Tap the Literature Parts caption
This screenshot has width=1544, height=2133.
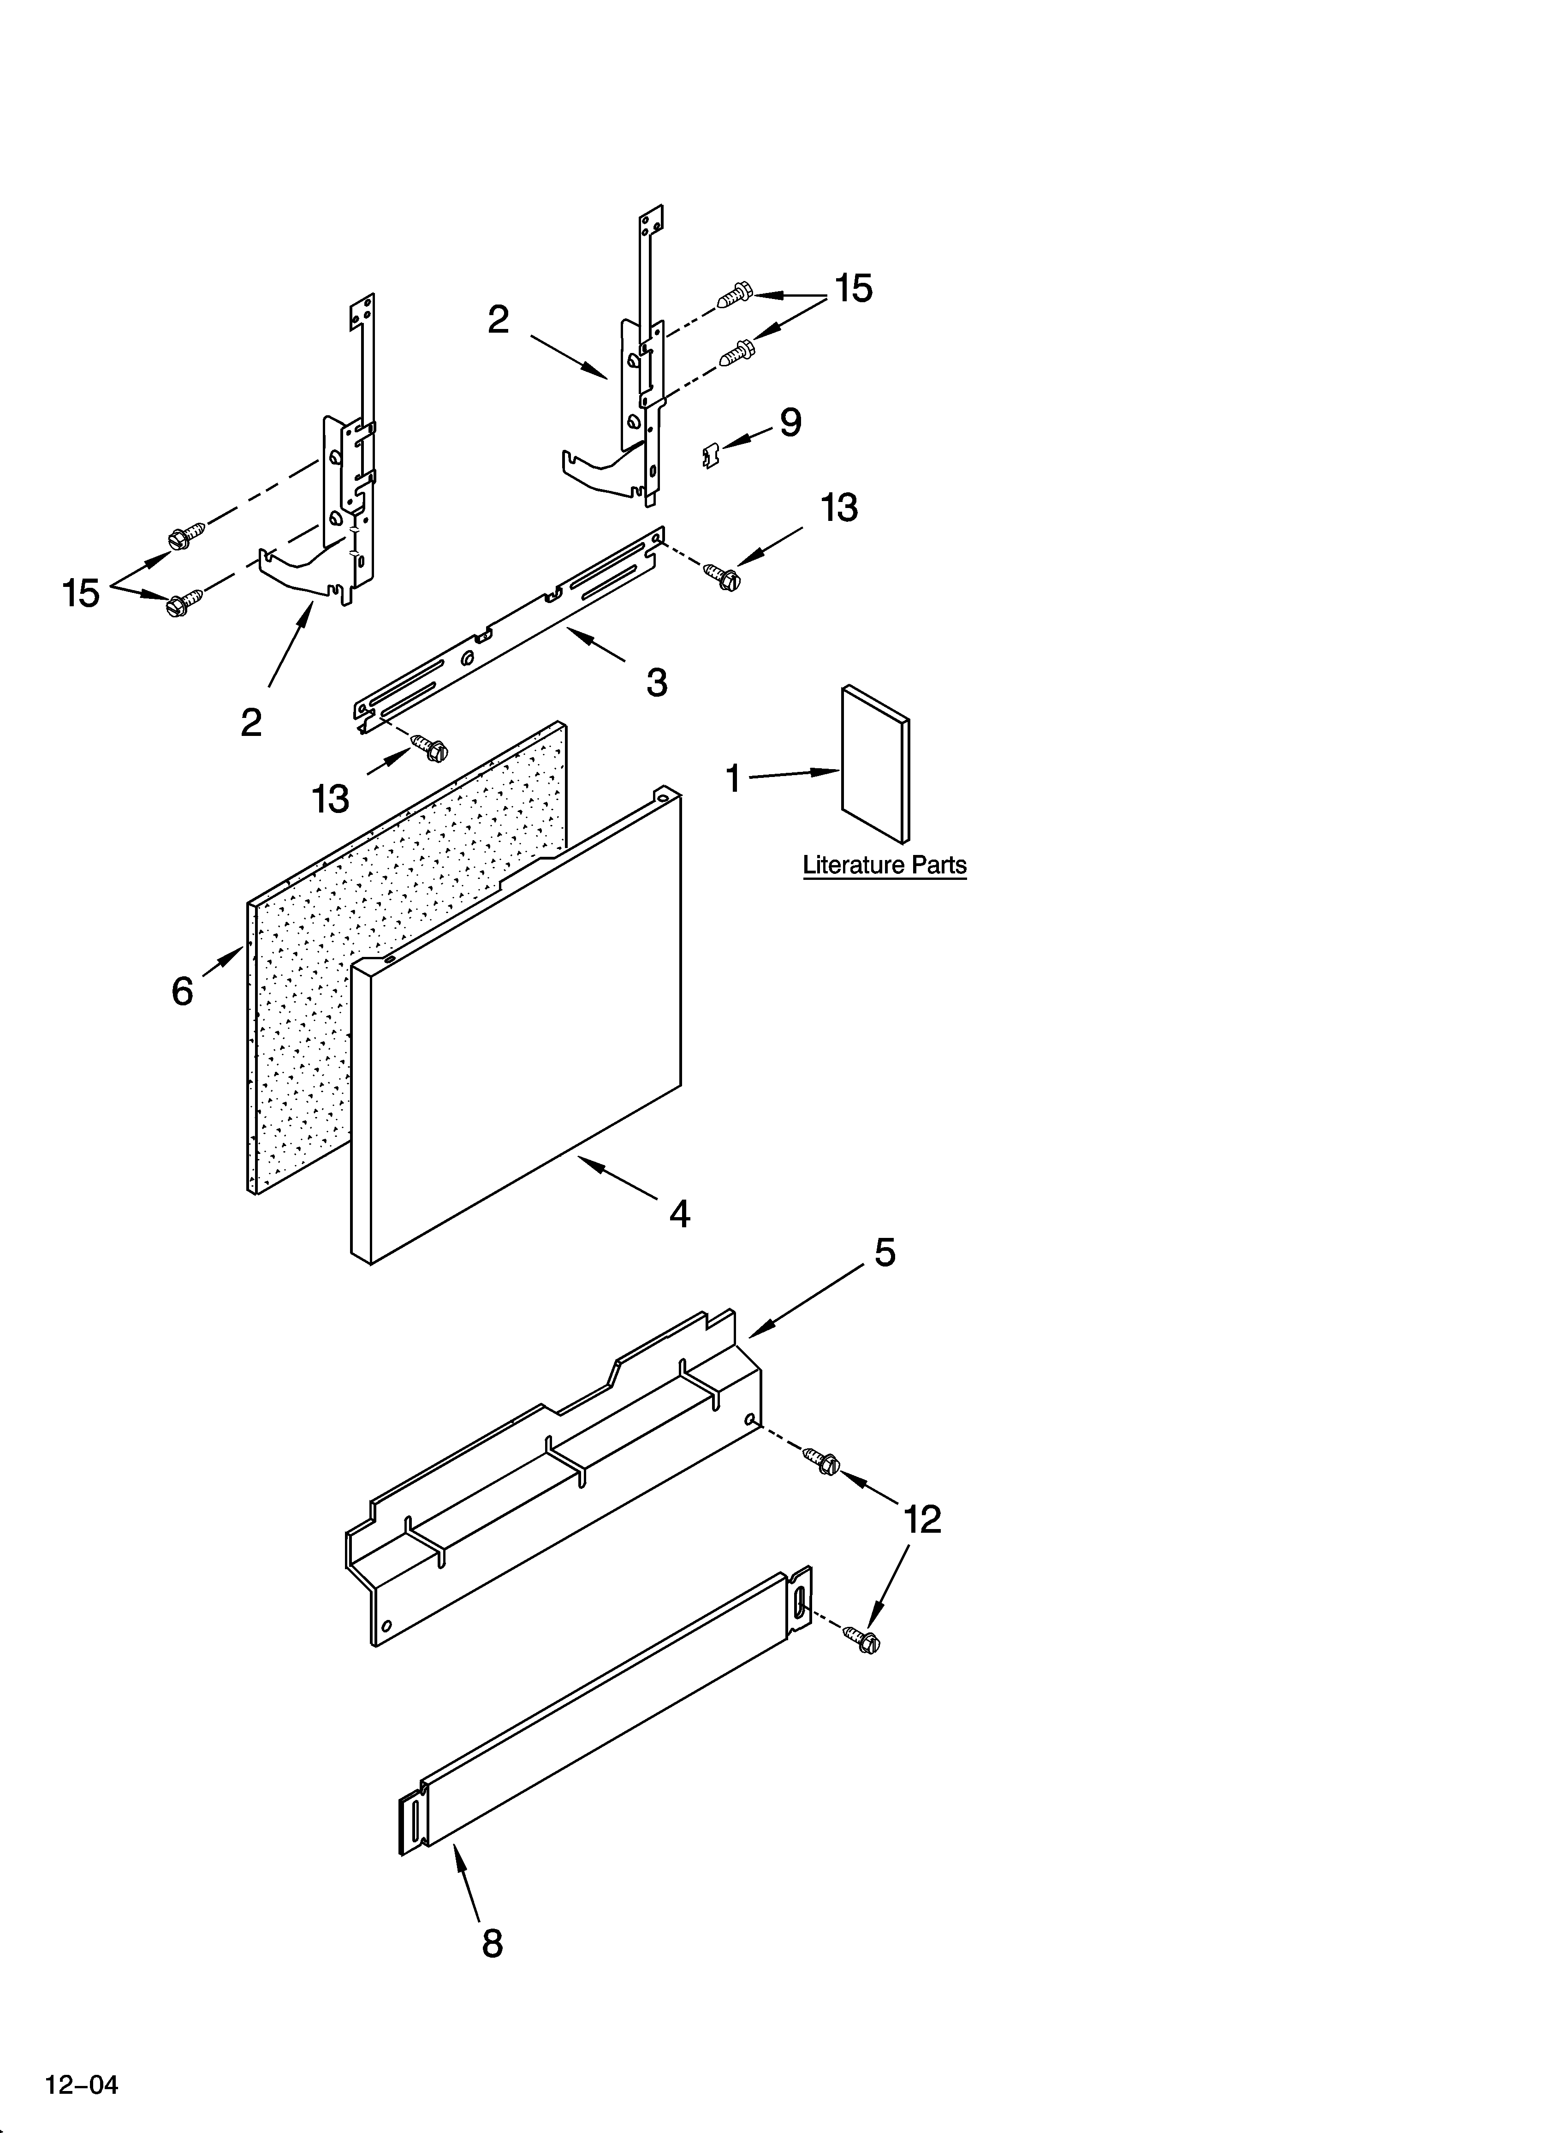tap(884, 865)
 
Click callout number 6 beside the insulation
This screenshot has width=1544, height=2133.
tap(183, 990)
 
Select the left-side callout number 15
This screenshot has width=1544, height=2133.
tap(81, 593)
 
